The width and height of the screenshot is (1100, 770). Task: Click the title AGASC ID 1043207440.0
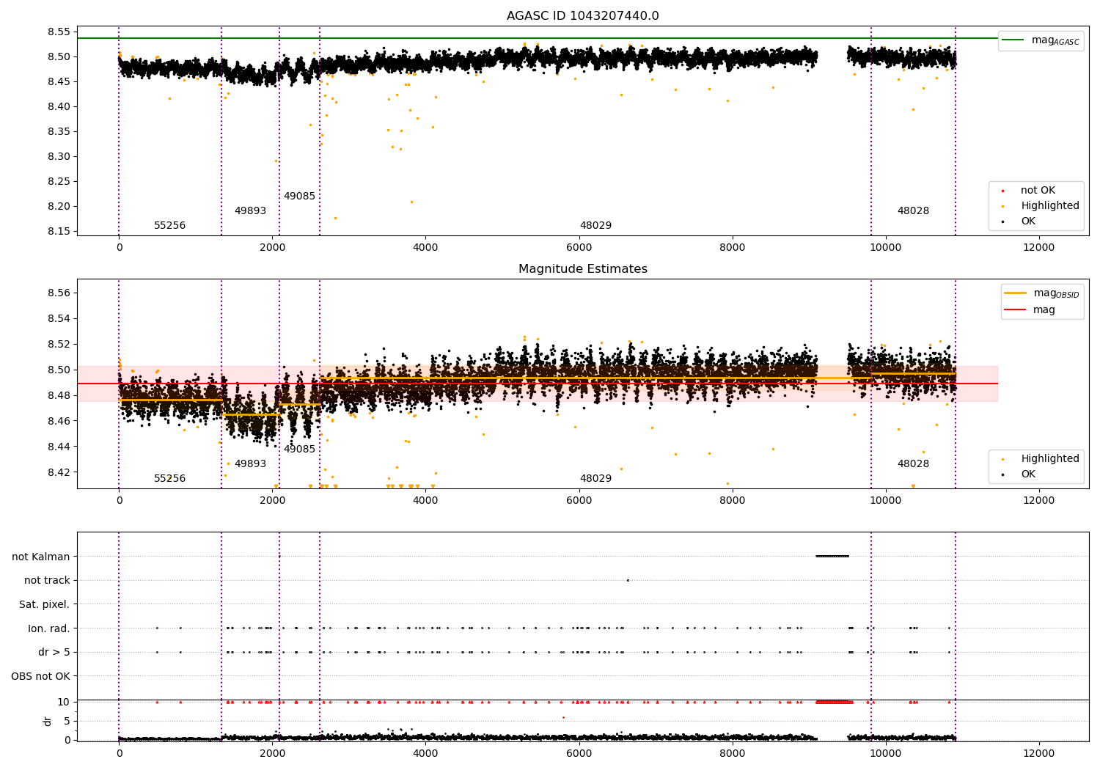point(582,16)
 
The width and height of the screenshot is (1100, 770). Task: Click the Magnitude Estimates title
point(582,269)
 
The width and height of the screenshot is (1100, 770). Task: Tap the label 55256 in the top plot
point(169,226)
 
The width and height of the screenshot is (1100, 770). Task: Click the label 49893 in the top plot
point(250,211)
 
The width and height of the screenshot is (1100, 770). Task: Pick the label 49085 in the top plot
point(299,197)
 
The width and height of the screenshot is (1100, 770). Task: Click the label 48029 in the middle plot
point(595,479)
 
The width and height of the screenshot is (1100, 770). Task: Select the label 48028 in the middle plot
point(913,464)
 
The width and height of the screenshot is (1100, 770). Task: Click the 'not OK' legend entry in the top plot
point(1038,191)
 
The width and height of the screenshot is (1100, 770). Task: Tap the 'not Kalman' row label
point(41,557)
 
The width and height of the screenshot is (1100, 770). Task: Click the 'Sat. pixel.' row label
point(44,605)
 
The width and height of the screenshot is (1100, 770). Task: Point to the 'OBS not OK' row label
point(40,676)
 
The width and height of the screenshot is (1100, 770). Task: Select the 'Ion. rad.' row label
point(48,628)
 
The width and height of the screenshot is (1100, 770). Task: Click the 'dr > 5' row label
point(54,653)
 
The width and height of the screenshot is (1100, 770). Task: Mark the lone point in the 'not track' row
point(628,580)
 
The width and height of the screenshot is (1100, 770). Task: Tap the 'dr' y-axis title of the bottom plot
point(47,721)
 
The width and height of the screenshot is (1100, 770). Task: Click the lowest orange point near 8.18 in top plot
point(335,218)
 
